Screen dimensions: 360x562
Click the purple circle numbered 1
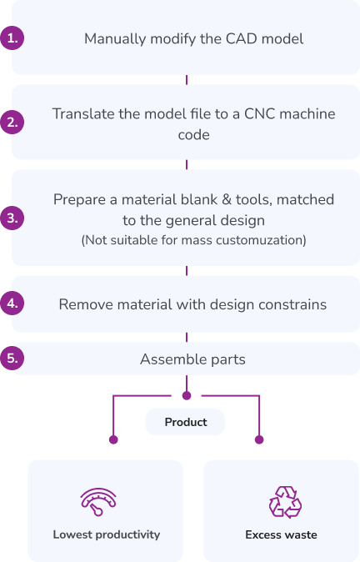(x=12, y=38)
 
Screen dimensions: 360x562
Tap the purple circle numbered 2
(x=12, y=123)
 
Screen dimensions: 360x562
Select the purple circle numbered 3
(x=12, y=218)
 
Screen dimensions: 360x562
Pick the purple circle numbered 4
(x=12, y=304)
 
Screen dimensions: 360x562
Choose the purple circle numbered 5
(x=12, y=358)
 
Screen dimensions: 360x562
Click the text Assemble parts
(x=192, y=359)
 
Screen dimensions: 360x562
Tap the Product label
(x=186, y=422)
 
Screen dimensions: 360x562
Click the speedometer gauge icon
(x=98, y=501)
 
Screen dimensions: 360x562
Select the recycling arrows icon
(x=285, y=502)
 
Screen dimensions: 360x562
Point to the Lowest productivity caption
(x=107, y=534)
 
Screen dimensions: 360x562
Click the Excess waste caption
(x=281, y=534)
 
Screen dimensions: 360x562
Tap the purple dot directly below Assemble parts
(x=187, y=395)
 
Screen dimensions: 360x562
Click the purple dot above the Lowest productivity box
(x=113, y=439)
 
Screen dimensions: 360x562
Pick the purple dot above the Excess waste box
(x=259, y=439)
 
